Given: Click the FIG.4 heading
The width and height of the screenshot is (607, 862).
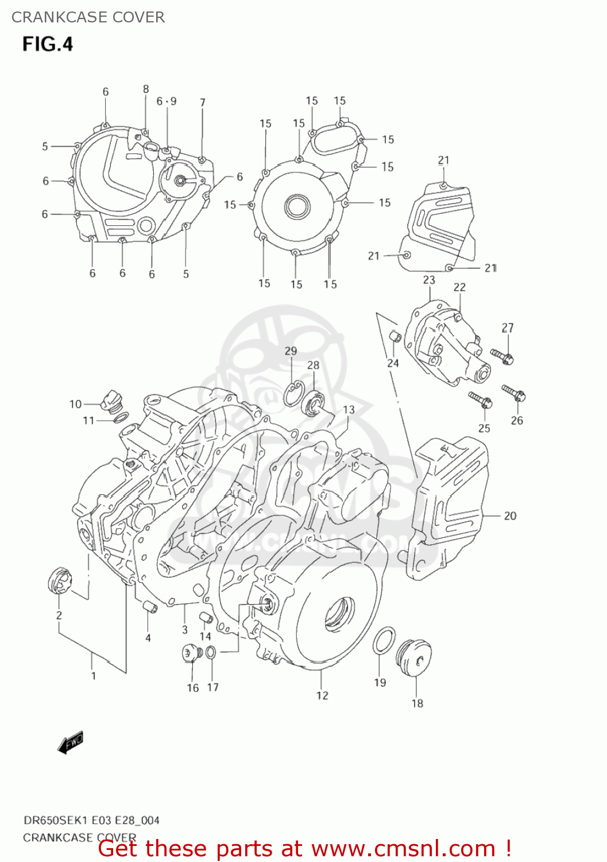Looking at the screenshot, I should pos(48,44).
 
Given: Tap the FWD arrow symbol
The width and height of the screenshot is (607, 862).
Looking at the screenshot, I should pos(71,742).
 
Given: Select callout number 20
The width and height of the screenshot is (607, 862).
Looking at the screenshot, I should pos(510,516).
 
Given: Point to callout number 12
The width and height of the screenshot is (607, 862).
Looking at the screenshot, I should pos(322,695).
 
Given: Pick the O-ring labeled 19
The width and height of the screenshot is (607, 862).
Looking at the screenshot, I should pos(384,640).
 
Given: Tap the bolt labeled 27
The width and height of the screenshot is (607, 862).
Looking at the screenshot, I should pos(502,356).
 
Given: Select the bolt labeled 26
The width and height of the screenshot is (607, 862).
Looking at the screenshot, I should pos(514,394).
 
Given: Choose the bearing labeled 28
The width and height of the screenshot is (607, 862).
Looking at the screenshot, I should pos(314,402).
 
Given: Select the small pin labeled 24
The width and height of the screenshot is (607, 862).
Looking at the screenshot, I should pos(395,336).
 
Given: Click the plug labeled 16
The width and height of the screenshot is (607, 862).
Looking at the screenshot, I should pos(190,653).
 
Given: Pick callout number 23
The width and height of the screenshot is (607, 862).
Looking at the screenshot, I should pos(429,280).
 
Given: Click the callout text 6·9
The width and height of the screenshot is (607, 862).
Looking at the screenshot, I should pos(167,101).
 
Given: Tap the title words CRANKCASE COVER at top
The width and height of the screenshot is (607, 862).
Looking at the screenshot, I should pos(88,17).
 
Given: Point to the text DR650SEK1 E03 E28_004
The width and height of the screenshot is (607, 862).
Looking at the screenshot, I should pos(91,820).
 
